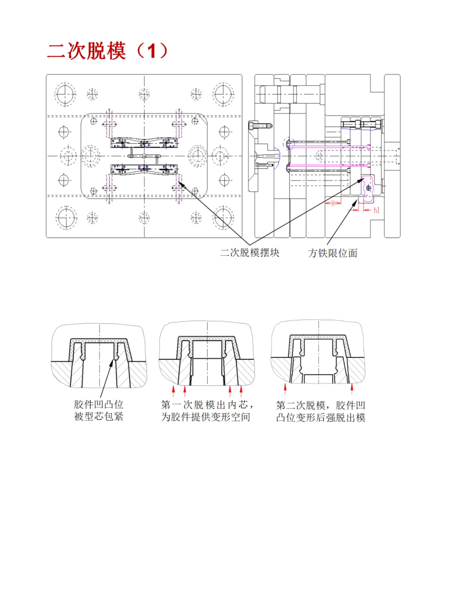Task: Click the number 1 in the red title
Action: point(151,51)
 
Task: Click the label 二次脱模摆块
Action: point(250,253)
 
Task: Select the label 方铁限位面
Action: point(332,253)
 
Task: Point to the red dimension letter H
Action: point(333,203)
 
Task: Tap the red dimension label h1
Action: point(376,210)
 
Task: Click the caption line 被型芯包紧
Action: point(99,417)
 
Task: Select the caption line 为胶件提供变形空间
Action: point(206,417)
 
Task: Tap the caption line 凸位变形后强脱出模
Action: point(320,417)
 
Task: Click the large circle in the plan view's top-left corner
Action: point(65,94)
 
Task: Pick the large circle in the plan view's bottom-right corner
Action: point(223,217)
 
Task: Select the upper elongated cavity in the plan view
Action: point(144,143)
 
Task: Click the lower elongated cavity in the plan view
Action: point(144,169)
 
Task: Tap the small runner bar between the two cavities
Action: point(144,156)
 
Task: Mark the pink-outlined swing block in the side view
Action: point(368,188)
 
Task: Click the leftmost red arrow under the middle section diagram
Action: point(174,391)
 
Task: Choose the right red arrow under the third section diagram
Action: point(352,389)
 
